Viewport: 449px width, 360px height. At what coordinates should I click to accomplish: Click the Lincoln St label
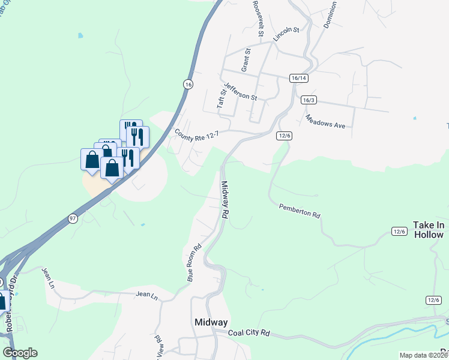pos(286,34)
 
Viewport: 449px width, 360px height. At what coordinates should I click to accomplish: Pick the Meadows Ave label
pos(325,121)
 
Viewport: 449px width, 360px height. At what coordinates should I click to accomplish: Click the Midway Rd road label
pos(225,199)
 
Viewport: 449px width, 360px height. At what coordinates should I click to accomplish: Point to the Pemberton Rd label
pos(300,211)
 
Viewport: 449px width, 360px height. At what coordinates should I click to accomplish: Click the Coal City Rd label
pos(249,333)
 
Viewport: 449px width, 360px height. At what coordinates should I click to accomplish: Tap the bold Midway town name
pos(211,322)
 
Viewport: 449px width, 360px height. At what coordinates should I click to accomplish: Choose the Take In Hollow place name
pos(429,230)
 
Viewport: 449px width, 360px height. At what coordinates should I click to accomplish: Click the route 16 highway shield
pos(188,85)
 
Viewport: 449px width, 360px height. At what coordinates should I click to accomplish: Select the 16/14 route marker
pos(298,78)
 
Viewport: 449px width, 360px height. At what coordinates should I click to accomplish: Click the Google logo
pos(20,353)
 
